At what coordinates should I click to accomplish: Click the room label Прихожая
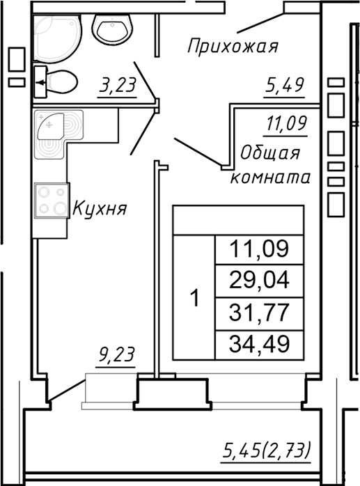click(x=233, y=47)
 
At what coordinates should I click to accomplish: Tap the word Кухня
click(x=100, y=208)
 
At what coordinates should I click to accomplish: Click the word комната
click(x=269, y=177)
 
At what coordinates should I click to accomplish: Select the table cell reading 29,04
click(x=259, y=280)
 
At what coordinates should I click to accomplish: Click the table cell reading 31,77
click(x=259, y=311)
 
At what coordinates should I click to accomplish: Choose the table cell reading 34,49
click(x=259, y=342)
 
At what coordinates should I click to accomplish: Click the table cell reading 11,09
click(x=259, y=248)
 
